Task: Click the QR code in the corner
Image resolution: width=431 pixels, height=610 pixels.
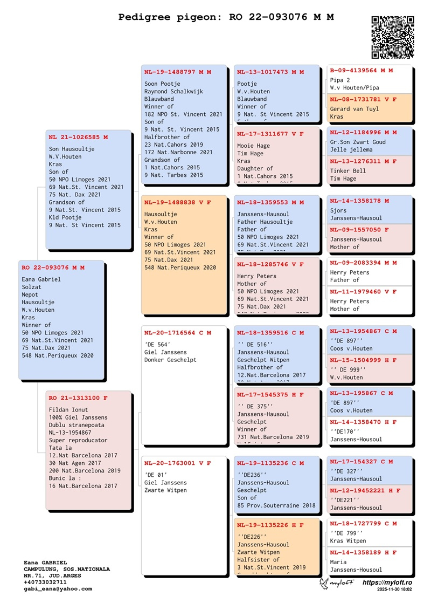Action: point(392,37)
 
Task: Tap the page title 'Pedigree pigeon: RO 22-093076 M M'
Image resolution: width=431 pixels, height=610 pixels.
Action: point(226,17)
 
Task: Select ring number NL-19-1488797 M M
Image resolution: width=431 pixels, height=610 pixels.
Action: point(178,72)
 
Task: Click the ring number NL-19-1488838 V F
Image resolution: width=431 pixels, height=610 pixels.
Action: point(178,202)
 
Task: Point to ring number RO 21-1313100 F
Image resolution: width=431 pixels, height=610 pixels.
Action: point(78,398)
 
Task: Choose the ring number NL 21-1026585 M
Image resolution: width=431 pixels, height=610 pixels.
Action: point(78,137)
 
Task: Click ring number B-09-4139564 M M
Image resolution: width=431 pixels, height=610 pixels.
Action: point(362,71)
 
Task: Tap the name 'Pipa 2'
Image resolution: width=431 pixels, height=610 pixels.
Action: point(340,80)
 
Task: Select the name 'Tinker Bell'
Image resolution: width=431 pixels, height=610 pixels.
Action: point(348,171)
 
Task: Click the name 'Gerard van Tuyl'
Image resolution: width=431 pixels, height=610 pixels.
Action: point(354,109)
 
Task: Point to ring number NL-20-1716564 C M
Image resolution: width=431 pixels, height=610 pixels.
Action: point(178,333)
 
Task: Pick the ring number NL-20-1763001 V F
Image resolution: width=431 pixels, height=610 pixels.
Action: point(178,463)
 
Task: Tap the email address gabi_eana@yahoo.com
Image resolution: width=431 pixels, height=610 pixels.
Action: point(58,589)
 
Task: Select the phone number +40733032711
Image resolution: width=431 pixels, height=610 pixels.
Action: point(45,582)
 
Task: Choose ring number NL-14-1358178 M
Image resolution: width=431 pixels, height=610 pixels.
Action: point(359,201)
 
